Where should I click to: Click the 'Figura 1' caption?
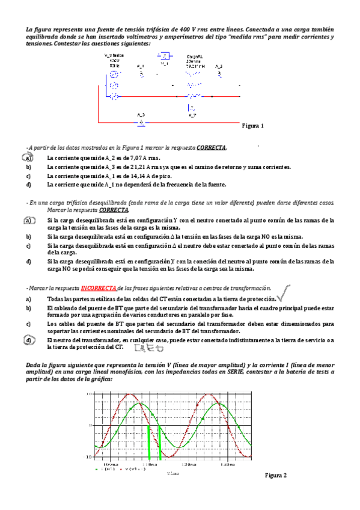click(x=253, y=126)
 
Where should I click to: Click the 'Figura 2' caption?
click(x=276, y=475)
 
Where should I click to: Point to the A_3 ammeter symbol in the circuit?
click(x=141, y=122)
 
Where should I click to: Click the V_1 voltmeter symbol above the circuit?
click(x=164, y=56)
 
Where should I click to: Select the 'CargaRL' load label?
click(x=193, y=56)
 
